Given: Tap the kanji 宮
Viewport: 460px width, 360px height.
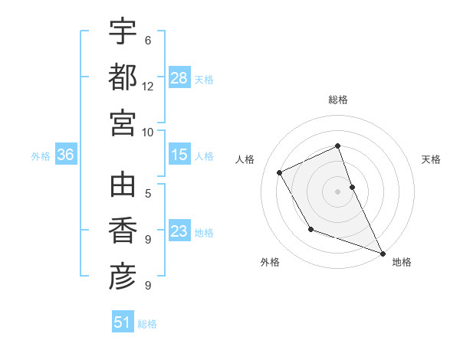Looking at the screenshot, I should click(x=123, y=123).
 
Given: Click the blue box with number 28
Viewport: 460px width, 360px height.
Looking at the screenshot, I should click(x=179, y=78).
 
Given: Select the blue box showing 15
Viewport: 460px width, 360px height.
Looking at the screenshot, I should click(x=179, y=155).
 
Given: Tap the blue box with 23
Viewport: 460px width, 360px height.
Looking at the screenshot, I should click(x=179, y=232).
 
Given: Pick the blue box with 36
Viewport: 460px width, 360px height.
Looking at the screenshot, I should click(x=65, y=155).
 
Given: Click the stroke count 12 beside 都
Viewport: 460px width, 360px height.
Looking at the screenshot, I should click(x=148, y=87).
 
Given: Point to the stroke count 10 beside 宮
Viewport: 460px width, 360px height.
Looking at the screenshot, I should click(x=148, y=133).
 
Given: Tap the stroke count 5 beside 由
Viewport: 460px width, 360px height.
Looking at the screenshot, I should click(x=148, y=194).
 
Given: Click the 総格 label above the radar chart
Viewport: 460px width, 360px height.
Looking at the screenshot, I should click(x=338, y=100).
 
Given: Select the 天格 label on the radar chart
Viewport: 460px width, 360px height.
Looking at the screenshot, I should click(x=431, y=159).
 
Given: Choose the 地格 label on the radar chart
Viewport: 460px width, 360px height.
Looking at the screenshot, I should click(x=402, y=262).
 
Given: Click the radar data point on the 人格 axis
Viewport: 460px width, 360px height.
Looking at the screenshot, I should click(x=280, y=172).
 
